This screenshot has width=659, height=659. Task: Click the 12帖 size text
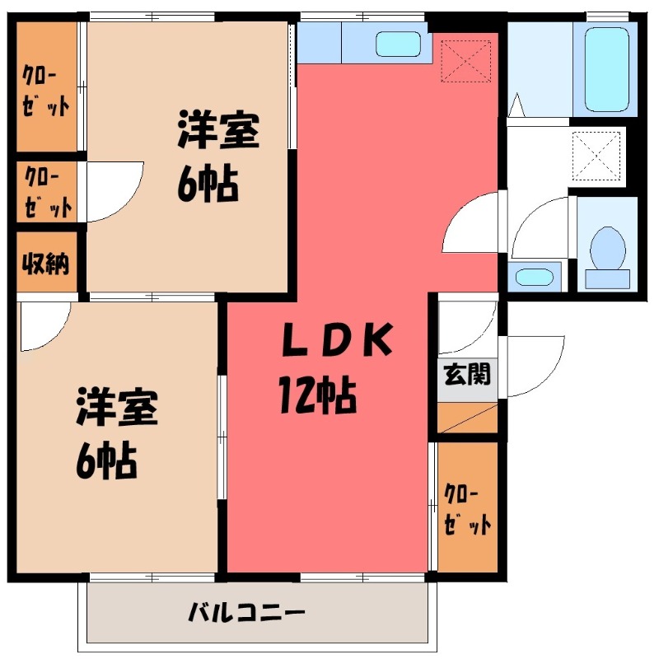pyautogui.click(x=316, y=399)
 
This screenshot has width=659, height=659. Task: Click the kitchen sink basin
pyautogui.click(x=398, y=44)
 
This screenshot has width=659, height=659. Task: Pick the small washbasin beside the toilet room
pyautogui.click(x=535, y=276)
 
